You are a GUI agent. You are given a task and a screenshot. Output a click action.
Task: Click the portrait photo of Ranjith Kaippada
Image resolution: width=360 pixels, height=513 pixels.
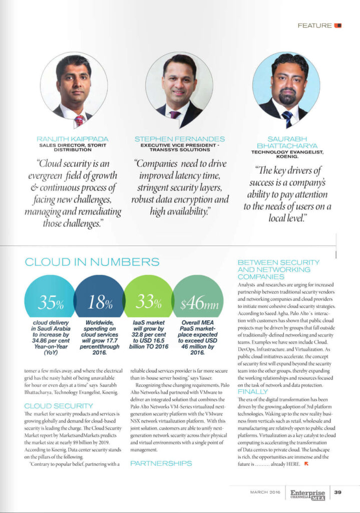[x=74, y=85]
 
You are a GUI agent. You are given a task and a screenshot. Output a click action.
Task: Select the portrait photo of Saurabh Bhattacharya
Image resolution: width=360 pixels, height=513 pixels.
[x=286, y=85]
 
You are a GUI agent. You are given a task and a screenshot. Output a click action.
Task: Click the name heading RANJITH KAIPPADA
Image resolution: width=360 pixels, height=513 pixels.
[x=73, y=138]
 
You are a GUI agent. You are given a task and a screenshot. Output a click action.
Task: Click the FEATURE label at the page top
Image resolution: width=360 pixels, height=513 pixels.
[x=314, y=25]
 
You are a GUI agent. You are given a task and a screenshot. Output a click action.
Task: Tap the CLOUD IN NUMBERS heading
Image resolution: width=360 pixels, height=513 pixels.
[x=92, y=262]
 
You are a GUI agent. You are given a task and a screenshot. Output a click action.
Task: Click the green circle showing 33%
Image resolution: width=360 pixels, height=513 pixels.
[x=148, y=302]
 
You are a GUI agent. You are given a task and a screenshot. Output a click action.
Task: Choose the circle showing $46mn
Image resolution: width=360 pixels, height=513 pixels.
[x=197, y=302]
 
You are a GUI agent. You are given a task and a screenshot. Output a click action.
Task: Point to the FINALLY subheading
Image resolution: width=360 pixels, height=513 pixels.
[x=252, y=391]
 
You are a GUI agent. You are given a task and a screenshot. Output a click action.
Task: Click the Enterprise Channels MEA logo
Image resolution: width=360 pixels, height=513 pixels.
[x=307, y=493]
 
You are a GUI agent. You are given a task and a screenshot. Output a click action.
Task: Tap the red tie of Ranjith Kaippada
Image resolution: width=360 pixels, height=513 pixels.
[x=79, y=121]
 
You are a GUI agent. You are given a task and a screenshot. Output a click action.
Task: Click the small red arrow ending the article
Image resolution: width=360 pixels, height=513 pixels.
[x=306, y=463]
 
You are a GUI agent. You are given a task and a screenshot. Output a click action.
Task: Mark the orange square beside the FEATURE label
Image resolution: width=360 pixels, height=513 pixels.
[x=338, y=25]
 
